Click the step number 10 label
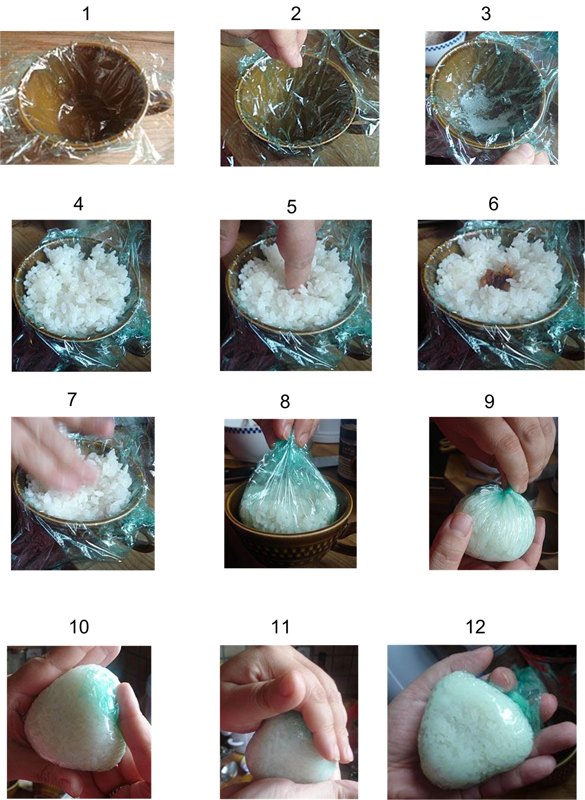79,627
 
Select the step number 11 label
280,627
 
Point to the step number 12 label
475,627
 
